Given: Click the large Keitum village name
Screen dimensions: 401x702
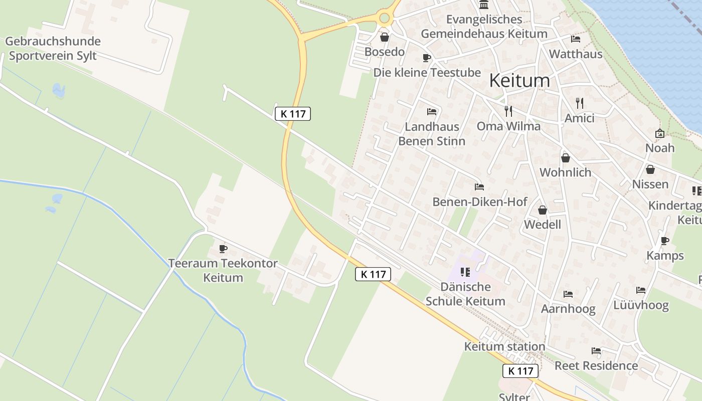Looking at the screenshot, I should point(519,81).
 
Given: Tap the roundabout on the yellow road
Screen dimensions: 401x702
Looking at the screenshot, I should point(385,19).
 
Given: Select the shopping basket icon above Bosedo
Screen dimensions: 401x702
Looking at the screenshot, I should point(385,37).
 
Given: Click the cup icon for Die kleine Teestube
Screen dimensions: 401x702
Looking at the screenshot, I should point(426,58).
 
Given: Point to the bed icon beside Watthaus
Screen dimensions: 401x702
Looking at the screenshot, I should point(575,39).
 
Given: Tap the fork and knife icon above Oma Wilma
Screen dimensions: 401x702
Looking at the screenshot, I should point(508,111).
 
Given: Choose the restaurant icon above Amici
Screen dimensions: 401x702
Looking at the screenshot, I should point(580,103).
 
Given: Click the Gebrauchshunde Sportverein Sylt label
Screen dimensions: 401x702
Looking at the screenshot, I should point(53,49).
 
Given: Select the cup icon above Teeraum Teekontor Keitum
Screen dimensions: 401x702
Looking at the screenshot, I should point(223,249).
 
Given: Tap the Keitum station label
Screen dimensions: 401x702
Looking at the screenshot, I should point(504,346).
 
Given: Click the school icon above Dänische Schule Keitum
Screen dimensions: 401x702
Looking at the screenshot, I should point(465,272).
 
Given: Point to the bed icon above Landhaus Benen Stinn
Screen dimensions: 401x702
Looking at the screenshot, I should point(431,112).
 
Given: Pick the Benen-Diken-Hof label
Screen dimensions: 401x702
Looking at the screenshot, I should point(480,202).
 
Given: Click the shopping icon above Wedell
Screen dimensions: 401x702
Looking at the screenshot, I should point(542,210).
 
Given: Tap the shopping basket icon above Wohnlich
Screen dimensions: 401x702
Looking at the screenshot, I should point(566,158).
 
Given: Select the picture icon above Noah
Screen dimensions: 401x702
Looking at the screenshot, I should point(659,133).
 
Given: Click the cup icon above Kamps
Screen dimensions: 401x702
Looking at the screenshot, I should point(665,241).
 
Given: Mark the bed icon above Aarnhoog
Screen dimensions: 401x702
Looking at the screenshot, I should point(568,294).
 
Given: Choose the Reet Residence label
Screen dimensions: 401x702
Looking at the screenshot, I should point(596,365).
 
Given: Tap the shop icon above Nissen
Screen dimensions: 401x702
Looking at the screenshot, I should point(650,169).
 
